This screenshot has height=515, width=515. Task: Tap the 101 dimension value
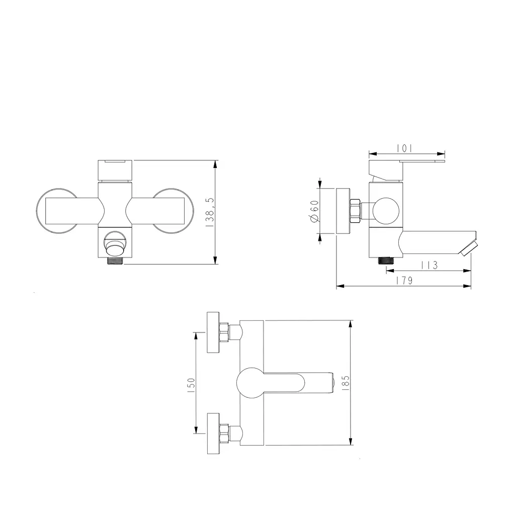click(x=404, y=148)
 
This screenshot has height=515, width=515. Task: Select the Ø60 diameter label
click(x=314, y=211)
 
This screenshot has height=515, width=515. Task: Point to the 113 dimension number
click(x=430, y=265)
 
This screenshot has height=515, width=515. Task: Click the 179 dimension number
click(x=404, y=281)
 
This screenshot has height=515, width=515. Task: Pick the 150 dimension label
click(x=191, y=383)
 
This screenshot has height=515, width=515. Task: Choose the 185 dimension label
click(x=346, y=383)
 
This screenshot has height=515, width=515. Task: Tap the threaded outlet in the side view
click(x=386, y=261)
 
